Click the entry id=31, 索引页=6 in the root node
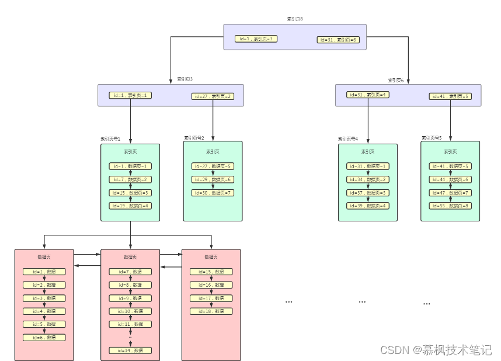(338, 40)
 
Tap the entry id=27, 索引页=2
(213, 96)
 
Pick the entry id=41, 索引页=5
(450, 96)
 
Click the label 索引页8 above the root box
(295, 19)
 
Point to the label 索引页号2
(194, 138)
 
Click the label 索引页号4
(348, 139)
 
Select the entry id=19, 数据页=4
(130, 206)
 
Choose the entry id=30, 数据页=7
(213, 193)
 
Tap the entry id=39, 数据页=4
(368, 206)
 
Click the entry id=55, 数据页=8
(450, 206)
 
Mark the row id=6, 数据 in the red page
(44, 338)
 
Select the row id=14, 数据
(130, 350)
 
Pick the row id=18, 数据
(211, 311)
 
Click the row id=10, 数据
(130, 311)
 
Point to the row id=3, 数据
(44, 298)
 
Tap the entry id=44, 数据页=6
(450, 179)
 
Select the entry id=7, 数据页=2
(130, 179)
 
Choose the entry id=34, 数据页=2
(368, 179)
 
